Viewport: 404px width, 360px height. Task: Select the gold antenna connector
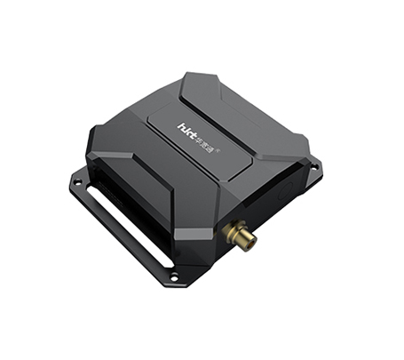click(239, 235)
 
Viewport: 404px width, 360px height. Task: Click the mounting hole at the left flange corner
click(78, 182)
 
